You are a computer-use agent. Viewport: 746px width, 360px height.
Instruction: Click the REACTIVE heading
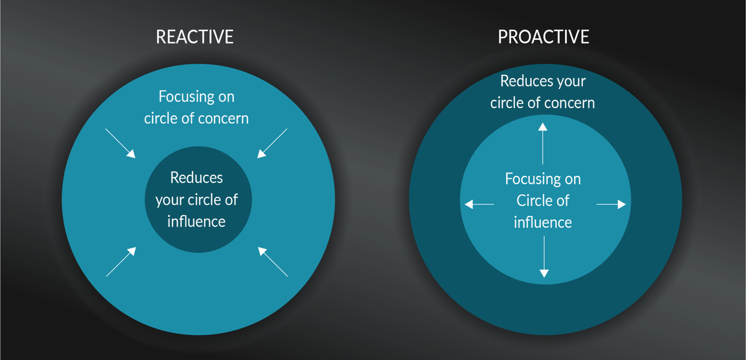coord(195,37)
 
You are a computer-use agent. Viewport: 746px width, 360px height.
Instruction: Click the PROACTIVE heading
coord(543,37)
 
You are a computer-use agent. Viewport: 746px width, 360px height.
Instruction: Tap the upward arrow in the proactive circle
coord(543,143)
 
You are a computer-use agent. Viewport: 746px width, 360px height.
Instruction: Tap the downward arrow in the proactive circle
coord(544,257)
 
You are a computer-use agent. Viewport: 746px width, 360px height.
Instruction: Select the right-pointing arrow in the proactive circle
coord(611,205)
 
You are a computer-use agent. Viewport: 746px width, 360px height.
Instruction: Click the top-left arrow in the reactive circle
coord(120,143)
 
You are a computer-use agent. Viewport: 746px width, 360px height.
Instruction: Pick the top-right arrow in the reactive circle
coord(272,143)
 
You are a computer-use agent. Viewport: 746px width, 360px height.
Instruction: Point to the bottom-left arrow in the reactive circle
coord(121,261)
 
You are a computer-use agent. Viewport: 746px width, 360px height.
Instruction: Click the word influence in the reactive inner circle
coord(196,221)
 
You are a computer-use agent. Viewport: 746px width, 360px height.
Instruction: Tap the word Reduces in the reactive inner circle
coord(196,177)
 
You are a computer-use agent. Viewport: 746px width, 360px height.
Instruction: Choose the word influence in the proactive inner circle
coord(543,223)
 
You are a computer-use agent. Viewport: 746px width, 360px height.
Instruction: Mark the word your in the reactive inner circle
coord(170,200)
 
